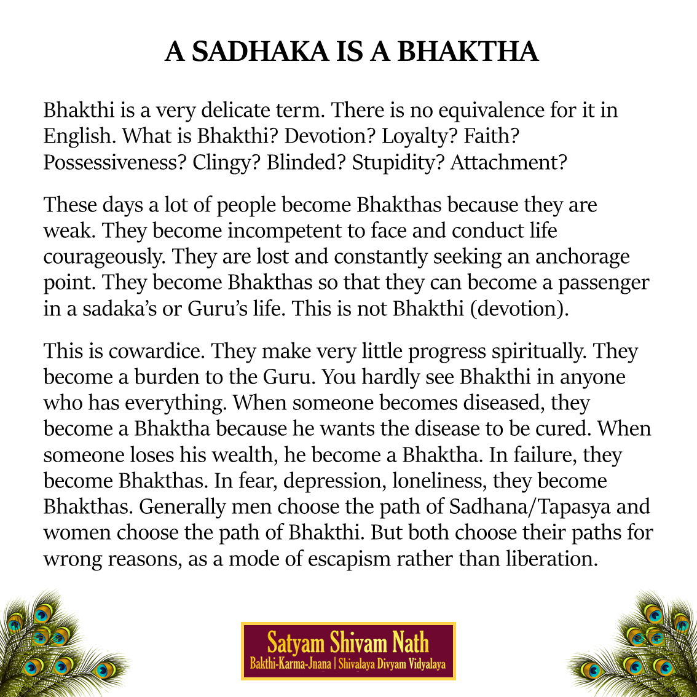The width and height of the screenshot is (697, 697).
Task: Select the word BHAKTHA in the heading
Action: click(468, 52)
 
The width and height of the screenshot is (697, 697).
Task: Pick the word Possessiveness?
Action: click(114, 163)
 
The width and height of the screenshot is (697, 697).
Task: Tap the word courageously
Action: click(104, 256)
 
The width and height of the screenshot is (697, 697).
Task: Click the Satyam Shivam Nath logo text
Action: click(348, 644)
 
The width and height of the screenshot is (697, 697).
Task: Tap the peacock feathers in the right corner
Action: click(645, 648)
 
